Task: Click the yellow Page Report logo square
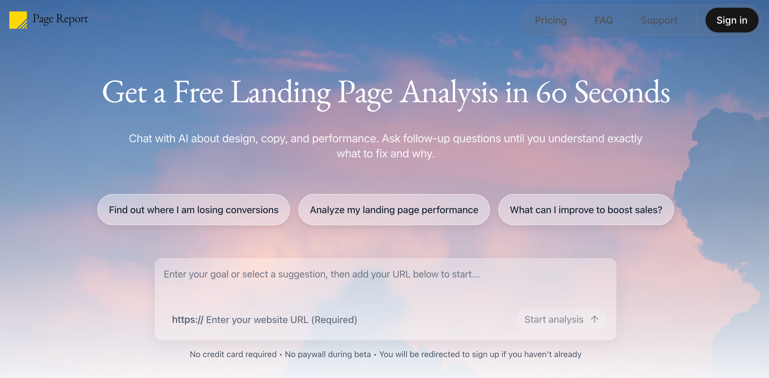click(x=18, y=20)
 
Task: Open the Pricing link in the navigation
click(x=551, y=20)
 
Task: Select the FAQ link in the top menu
click(x=604, y=20)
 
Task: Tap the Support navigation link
click(x=659, y=20)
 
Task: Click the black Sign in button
click(x=732, y=20)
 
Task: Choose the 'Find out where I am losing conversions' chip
click(x=193, y=210)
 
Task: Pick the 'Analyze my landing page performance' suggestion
click(x=394, y=210)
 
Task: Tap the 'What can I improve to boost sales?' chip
click(x=586, y=210)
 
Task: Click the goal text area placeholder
click(x=322, y=274)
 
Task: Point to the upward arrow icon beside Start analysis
click(x=594, y=319)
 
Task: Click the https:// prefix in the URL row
click(x=188, y=320)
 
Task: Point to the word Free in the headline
click(x=198, y=92)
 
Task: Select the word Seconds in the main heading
click(x=622, y=92)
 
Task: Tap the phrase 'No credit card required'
click(x=233, y=354)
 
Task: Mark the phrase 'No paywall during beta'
click(x=328, y=354)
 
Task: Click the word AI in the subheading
click(x=183, y=138)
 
